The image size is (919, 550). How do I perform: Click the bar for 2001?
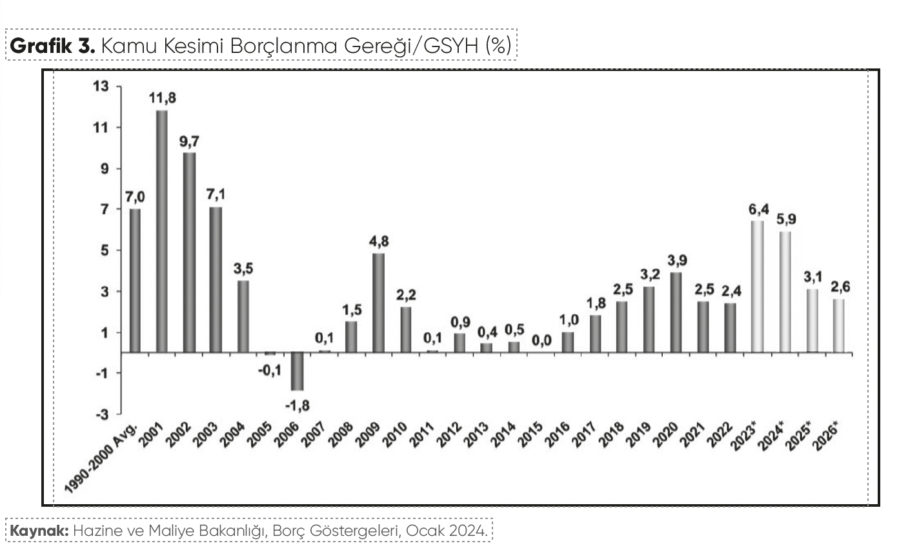click(162, 231)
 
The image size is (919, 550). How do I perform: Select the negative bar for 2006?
click(297, 371)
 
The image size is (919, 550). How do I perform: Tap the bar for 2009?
click(379, 303)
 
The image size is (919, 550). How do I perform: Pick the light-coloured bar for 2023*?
click(758, 287)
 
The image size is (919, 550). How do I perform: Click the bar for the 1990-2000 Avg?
click(135, 280)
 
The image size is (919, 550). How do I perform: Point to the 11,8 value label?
click(162, 99)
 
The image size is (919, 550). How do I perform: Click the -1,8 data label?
click(297, 405)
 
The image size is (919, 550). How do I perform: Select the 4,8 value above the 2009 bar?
click(379, 241)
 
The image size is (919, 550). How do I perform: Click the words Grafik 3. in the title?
click(53, 45)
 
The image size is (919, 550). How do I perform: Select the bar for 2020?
click(676, 312)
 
